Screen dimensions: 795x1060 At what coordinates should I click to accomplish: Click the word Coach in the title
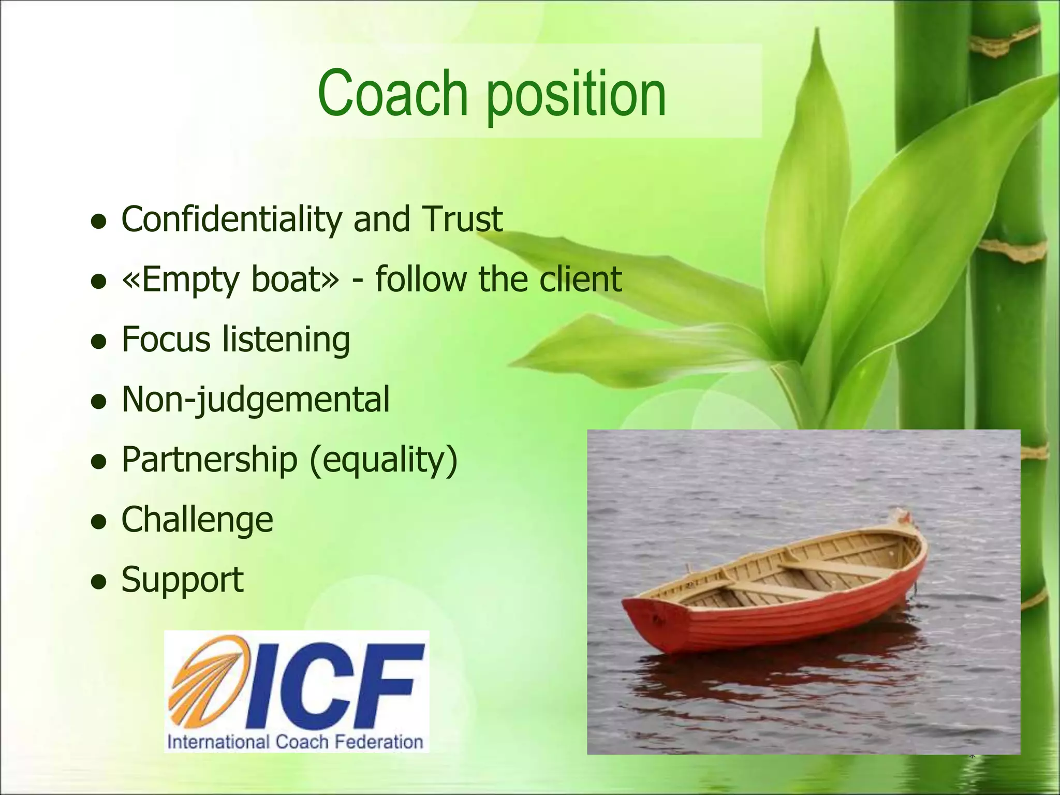(x=393, y=93)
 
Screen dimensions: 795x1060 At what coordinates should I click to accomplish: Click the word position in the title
(x=576, y=96)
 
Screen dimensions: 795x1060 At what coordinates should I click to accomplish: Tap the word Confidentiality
(x=231, y=219)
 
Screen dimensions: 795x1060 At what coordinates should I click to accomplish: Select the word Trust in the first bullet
(x=462, y=219)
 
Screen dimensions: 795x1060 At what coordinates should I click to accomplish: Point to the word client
(x=580, y=279)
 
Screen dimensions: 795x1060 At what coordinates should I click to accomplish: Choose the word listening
(x=286, y=340)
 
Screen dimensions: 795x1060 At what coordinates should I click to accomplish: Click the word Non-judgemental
(x=255, y=400)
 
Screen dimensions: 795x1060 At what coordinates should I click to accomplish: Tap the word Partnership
(x=209, y=460)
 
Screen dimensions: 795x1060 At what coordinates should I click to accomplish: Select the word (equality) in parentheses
(x=383, y=460)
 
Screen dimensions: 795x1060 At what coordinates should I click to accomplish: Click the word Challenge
(x=197, y=520)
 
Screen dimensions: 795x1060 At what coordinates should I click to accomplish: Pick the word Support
(x=182, y=580)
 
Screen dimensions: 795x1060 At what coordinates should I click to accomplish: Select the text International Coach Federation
(x=295, y=742)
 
